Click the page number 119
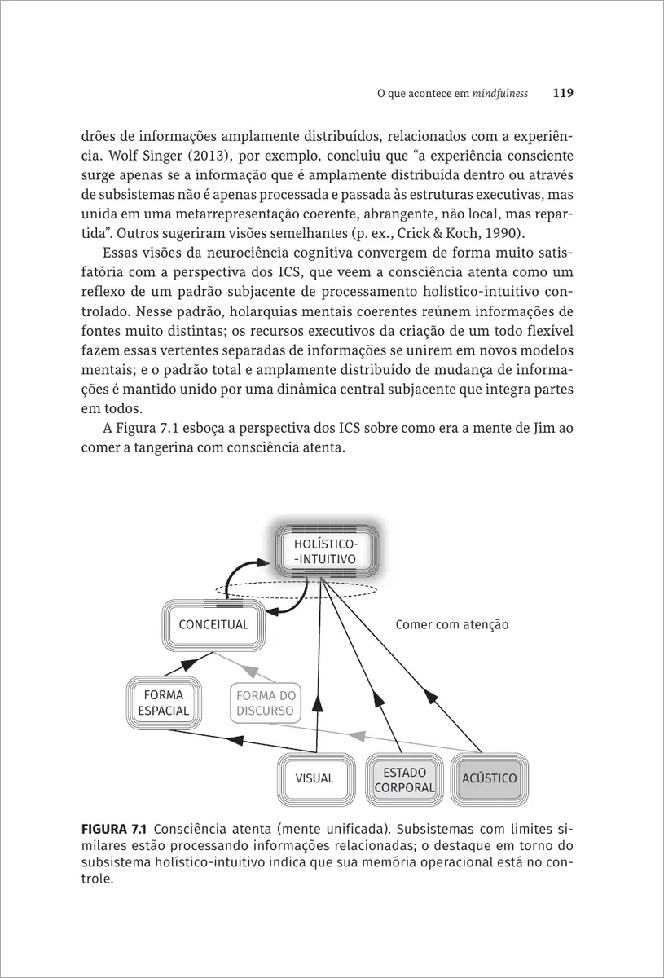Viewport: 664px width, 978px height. coord(563,93)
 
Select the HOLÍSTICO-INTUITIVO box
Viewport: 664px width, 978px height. coord(324,552)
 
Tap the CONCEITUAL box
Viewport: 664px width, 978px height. coord(213,625)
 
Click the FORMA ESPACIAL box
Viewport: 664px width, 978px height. coord(163,703)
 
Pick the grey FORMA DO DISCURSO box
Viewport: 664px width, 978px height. coord(266,703)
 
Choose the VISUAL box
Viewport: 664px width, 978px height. coord(314,778)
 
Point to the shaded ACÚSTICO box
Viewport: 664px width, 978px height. coord(489,778)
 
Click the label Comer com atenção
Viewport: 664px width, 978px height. coord(451,625)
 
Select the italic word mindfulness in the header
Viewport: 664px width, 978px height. coord(499,94)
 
